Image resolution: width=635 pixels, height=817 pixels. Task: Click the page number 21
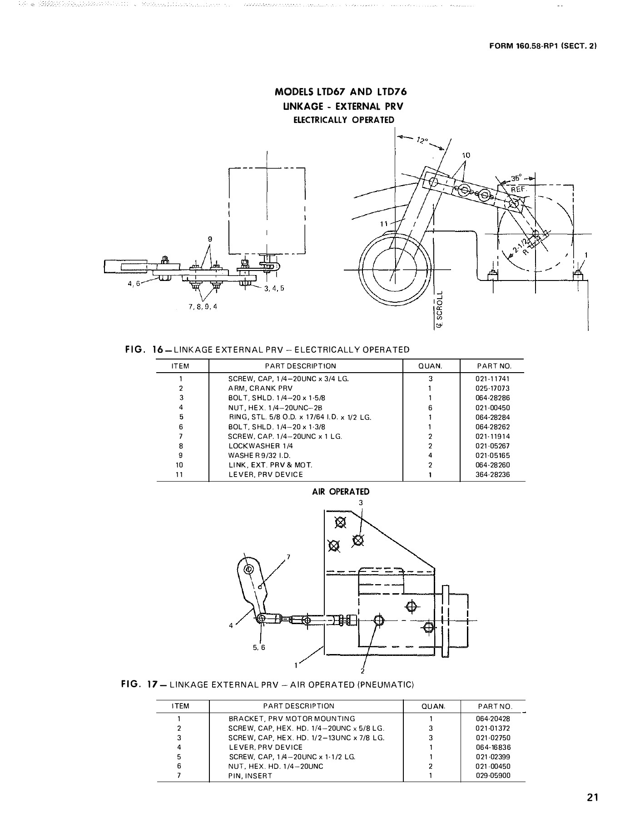tap(592, 798)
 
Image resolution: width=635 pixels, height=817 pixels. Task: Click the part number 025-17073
tap(492, 389)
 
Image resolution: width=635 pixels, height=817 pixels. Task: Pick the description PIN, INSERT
tap(250, 776)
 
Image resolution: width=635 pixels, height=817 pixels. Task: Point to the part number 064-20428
tap(492, 719)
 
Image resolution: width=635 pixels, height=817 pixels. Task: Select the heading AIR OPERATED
tap(341, 492)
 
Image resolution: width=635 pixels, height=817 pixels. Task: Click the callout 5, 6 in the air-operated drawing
tap(259, 648)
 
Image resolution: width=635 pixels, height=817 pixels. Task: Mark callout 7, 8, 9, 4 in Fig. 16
tap(203, 307)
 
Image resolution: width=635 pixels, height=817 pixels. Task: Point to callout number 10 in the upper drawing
tap(466, 155)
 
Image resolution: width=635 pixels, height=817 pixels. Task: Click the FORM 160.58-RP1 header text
tap(543, 46)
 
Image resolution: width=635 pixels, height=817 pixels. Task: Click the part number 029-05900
tap(492, 776)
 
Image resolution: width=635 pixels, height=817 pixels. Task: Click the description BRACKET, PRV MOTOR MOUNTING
tap(292, 719)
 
